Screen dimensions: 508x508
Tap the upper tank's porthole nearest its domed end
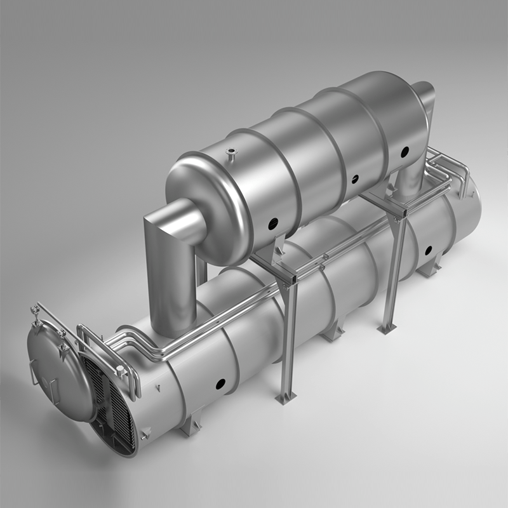(x=271, y=222)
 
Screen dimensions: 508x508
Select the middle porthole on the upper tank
(x=354, y=179)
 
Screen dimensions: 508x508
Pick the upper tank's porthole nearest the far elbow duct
(x=404, y=152)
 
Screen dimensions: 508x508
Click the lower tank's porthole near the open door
(x=220, y=384)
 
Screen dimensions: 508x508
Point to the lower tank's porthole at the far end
(x=428, y=250)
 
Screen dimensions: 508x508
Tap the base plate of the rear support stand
(x=387, y=329)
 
